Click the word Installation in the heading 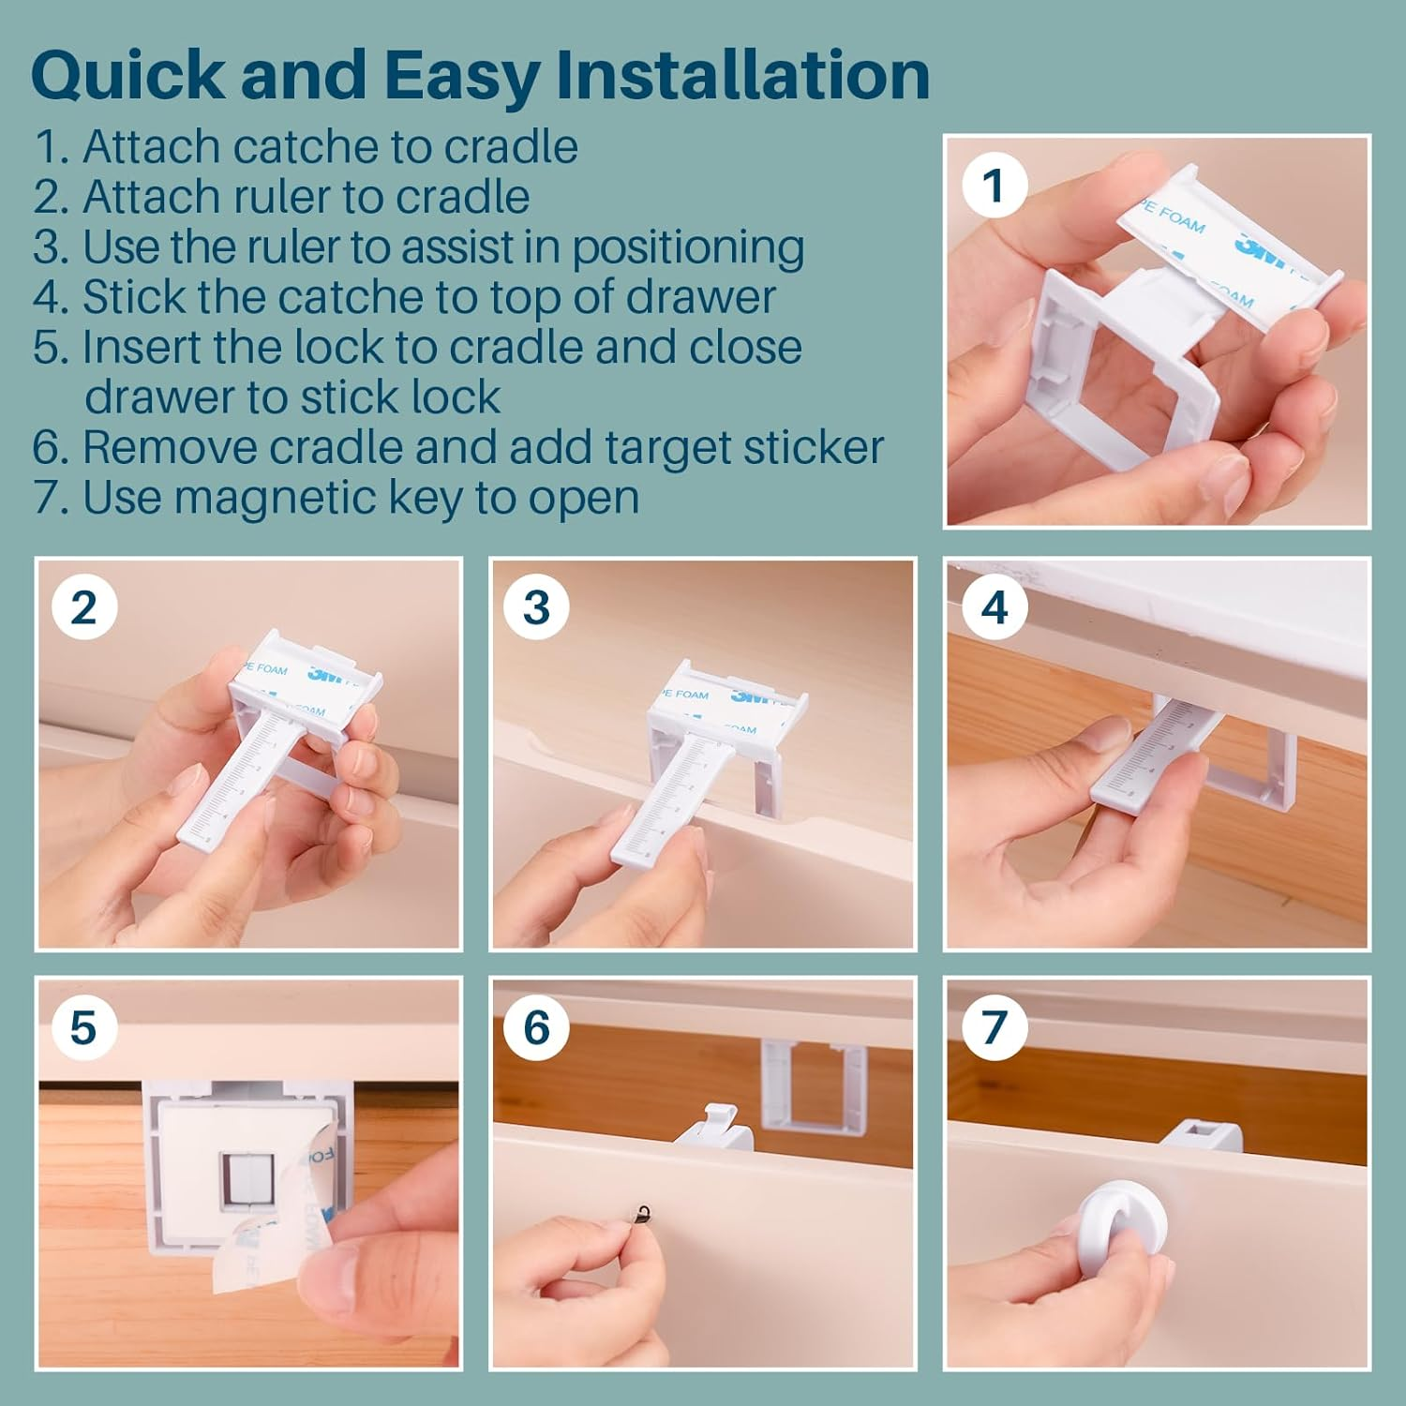click(x=742, y=75)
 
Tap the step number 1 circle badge click(x=995, y=186)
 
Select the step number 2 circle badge click(x=83, y=607)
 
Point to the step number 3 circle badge click(x=536, y=607)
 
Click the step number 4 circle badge click(x=995, y=607)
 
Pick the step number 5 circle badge click(x=83, y=1027)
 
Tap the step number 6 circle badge click(x=536, y=1027)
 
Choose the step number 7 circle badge click(x=995, y=1027)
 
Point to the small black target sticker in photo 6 click(x=643, y=1213)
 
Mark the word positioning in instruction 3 click(x=688, y=247)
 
